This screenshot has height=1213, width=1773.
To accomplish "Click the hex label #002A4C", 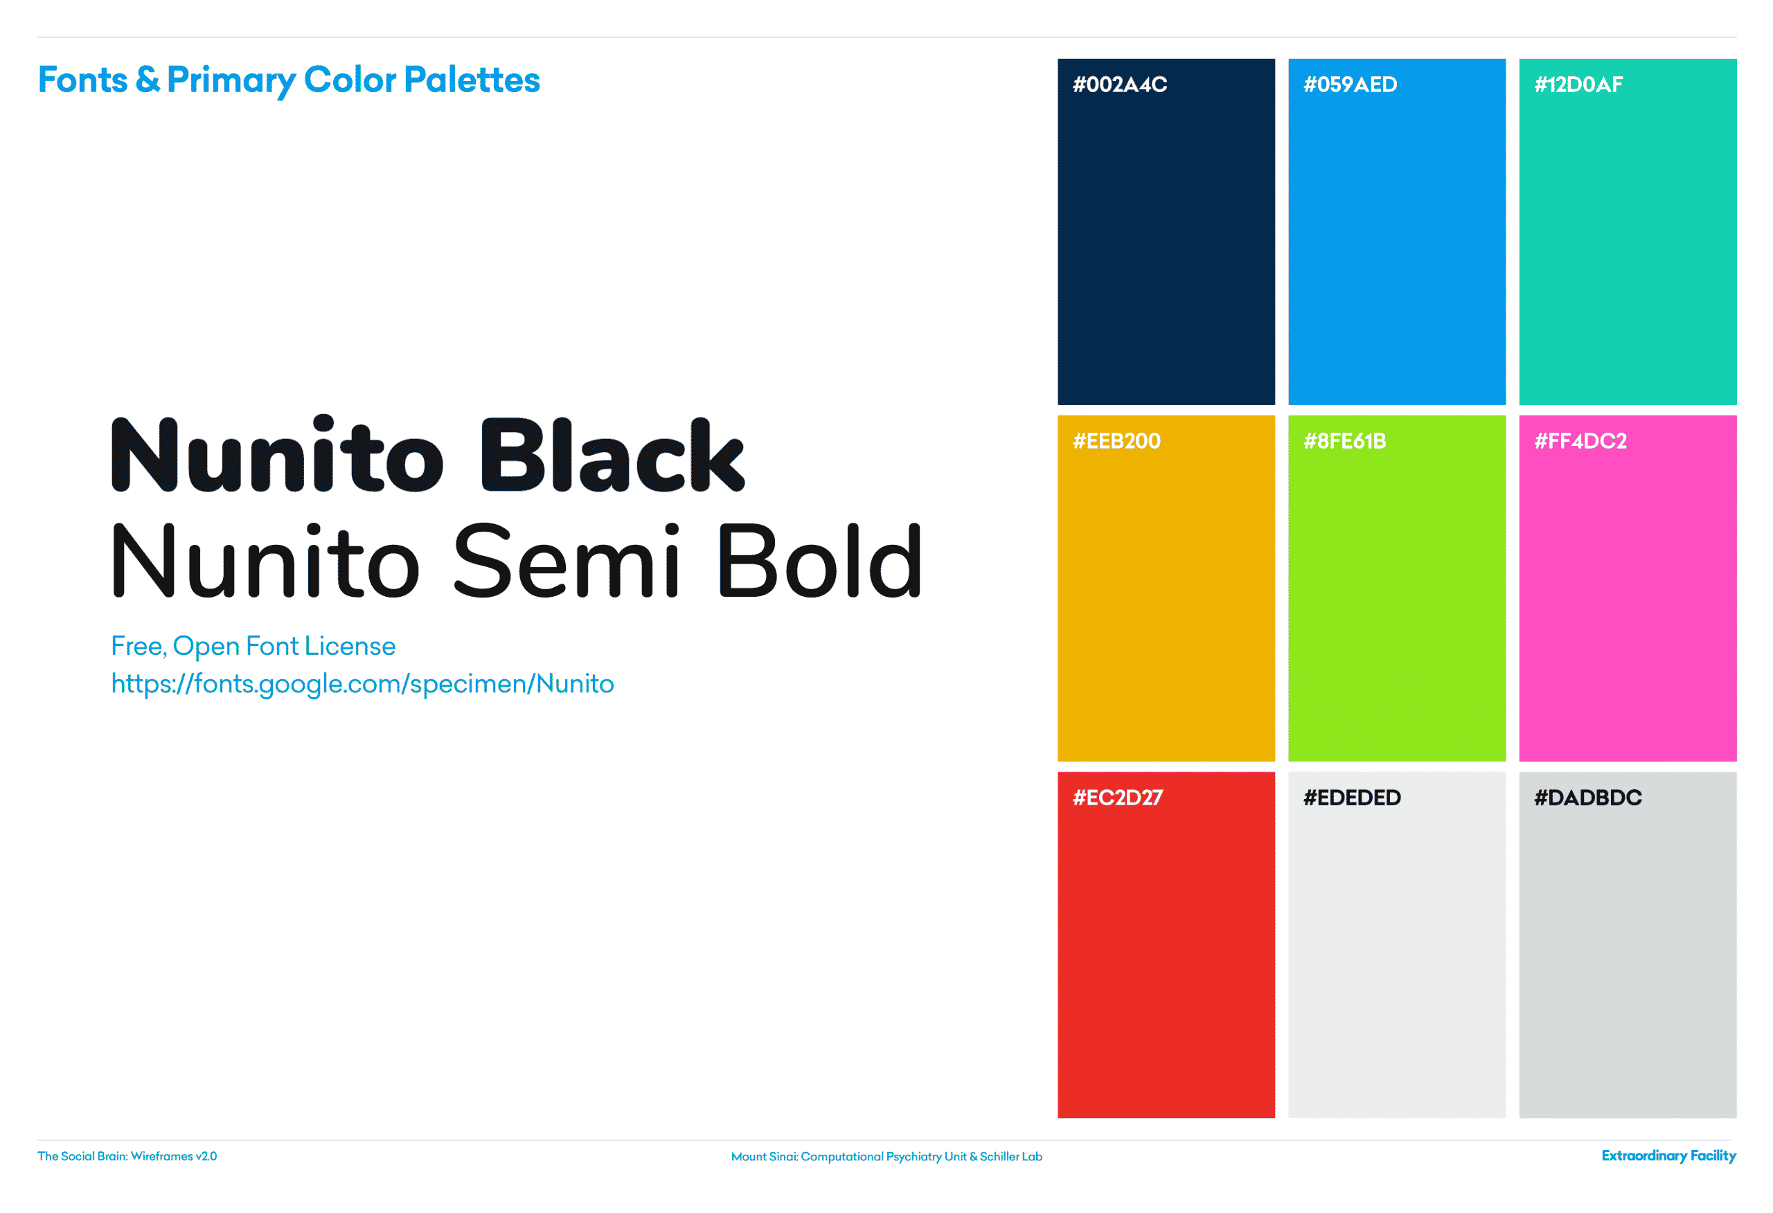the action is click(1120, 84).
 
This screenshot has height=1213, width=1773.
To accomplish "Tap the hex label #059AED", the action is click(1351, 84).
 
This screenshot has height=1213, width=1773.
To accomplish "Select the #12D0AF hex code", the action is click(1578, 84).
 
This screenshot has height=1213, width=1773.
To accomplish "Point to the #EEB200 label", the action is click(1117, 441).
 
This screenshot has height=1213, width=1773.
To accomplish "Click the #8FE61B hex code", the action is click(1345, 441).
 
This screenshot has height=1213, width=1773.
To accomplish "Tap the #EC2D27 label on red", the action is click(1118, 798).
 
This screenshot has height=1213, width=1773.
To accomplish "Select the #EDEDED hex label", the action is click(1352, 798).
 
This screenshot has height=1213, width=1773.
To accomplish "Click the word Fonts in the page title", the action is click(82, 80).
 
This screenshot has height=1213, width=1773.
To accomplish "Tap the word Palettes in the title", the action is click(472, 80).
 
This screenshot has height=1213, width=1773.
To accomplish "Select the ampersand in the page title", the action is click(148, 80).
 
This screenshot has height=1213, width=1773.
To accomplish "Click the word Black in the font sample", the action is click(613, 455).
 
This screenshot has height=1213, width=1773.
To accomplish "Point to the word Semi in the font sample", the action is click(566, 561).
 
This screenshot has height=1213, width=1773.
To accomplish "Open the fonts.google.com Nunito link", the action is click(362, 684).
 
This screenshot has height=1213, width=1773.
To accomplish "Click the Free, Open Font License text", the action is click(253, 646).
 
